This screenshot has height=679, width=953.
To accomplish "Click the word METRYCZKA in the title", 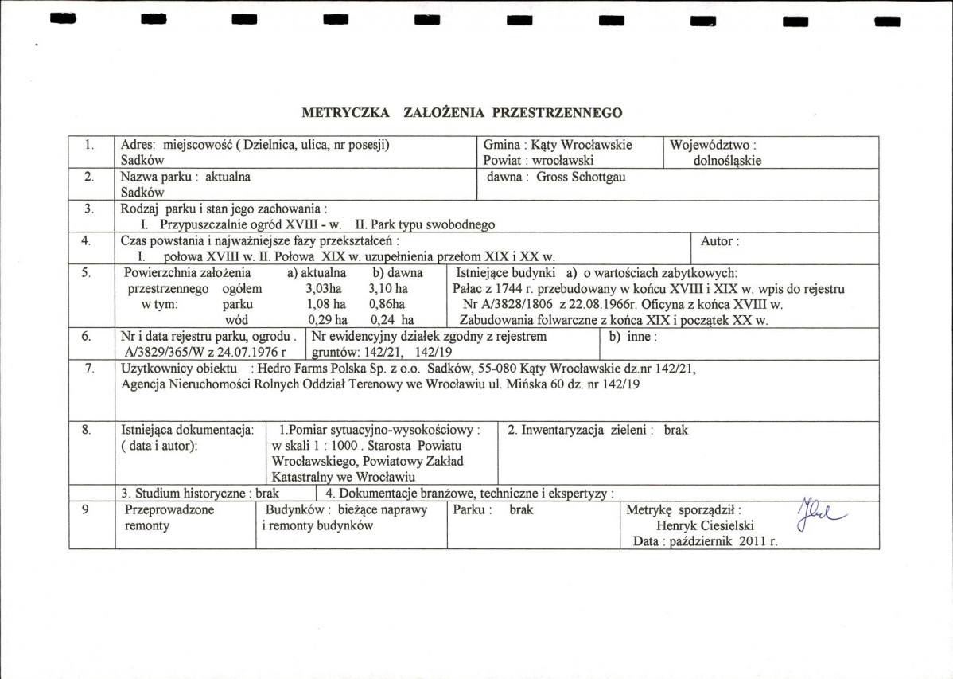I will (346, 113).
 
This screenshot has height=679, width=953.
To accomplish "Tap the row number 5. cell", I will (88, 272).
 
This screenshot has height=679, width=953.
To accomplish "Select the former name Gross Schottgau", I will (581, 177).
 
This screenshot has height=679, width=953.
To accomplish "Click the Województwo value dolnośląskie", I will (727, 160).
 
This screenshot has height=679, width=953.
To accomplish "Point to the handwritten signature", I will (820, 517).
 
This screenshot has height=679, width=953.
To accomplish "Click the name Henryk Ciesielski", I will (706, 525).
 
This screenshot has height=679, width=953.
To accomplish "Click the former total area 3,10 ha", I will (389, 288).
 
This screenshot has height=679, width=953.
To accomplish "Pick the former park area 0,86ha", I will (387, 304).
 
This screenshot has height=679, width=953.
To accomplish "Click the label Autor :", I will (720, 240).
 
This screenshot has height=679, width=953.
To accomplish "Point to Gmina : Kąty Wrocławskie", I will (558, 145).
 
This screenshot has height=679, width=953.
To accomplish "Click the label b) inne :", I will (632, 336).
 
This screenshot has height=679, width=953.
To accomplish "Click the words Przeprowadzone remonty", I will (169, 517).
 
